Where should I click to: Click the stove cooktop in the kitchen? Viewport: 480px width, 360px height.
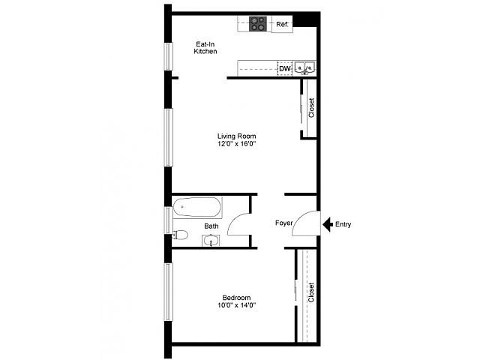257,24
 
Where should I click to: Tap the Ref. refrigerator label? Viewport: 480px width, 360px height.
282,24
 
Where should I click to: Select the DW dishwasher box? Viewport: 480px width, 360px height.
285,68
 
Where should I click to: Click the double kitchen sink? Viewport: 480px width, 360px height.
305,68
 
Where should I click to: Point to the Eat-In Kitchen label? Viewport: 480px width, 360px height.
205,48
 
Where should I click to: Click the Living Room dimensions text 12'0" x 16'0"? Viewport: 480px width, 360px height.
237,144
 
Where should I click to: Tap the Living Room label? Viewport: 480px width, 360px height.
237,136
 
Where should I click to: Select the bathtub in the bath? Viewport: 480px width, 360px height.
196,207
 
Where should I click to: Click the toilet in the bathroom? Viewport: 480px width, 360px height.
180,235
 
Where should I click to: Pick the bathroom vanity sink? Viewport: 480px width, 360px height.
211,240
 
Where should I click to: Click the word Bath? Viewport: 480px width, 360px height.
211,226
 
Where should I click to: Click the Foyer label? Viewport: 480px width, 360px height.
283,223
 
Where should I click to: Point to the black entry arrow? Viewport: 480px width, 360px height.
328,224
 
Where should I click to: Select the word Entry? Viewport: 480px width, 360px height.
343,224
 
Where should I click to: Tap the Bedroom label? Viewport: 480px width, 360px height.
237,298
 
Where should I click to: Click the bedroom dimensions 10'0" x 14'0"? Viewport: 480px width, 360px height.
237,305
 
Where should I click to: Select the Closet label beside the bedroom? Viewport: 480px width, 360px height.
311,292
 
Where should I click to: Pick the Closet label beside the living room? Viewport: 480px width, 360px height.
311,108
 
